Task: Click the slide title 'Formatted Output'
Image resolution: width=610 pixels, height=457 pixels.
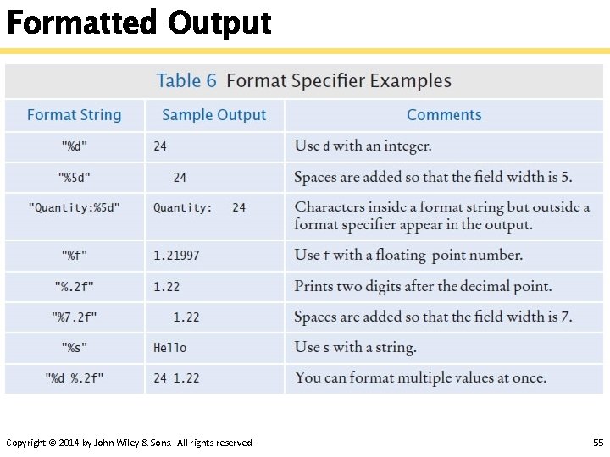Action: [138, 22]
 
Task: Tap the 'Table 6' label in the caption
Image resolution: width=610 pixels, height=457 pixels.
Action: [186, 81]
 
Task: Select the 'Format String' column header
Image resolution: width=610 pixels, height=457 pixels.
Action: [75, 115]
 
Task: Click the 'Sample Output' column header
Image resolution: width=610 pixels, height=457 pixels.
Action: [213, 115]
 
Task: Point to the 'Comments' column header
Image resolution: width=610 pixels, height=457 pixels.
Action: [444, 115]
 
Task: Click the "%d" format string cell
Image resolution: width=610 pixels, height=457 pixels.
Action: [75, 146]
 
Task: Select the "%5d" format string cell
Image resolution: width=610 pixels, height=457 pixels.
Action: [75, 178]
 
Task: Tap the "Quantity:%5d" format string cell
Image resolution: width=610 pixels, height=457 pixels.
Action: [75, 207]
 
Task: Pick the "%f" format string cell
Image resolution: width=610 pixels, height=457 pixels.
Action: [75, 255]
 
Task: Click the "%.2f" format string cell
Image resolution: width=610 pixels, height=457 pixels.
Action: [75, 287]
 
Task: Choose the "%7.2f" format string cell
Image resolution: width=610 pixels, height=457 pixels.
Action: [75, 317]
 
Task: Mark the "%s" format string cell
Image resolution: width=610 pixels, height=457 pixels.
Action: [75, 348]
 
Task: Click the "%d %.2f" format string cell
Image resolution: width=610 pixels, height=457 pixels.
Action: [75, 378]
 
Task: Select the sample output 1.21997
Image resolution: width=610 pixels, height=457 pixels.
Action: [176, 255]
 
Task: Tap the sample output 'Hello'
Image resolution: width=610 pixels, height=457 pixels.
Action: [169, 348]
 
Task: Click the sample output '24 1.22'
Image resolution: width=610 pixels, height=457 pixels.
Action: [176, 378]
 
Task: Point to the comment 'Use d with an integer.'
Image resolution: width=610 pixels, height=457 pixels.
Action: [363, 146]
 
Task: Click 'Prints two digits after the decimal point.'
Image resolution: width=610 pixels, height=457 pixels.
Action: [423, 286]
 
